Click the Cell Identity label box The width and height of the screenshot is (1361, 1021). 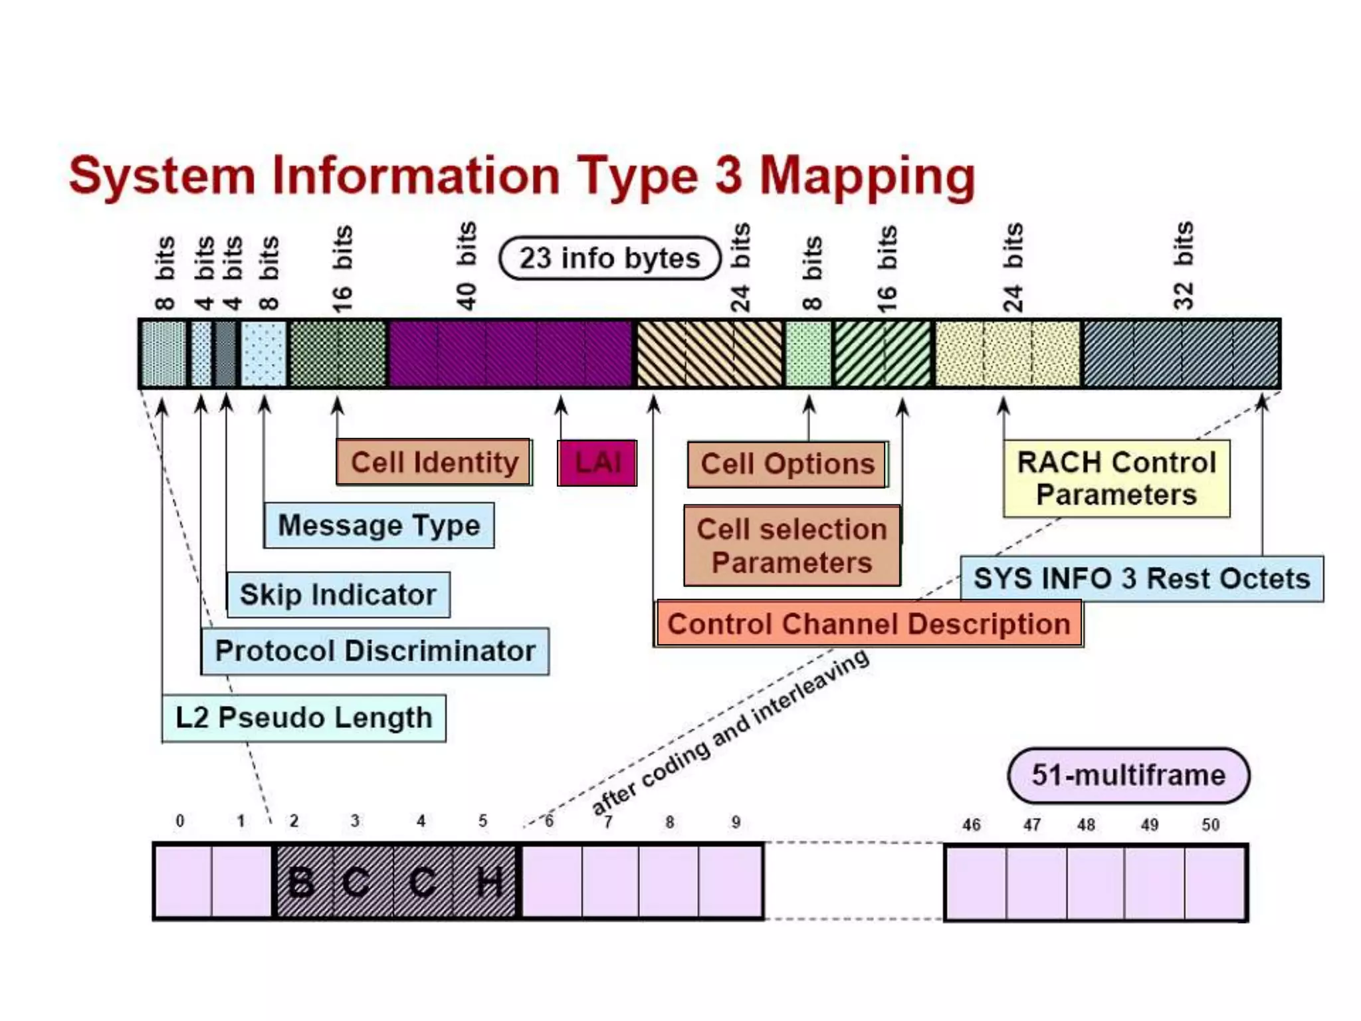433,462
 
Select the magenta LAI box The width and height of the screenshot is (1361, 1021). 597,463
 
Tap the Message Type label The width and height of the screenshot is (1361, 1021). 379,526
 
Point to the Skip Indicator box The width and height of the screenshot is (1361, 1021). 338,595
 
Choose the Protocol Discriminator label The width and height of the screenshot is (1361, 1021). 375,651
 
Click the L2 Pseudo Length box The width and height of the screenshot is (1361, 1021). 304,718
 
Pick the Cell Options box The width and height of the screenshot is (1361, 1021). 787,465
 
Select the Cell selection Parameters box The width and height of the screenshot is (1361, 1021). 791,546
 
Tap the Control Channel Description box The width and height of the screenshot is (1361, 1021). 868,624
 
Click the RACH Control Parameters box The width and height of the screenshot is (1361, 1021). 1116,479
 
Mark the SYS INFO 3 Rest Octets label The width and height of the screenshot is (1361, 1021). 1142,579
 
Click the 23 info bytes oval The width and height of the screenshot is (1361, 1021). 609,258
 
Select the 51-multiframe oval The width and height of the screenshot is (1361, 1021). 1128,776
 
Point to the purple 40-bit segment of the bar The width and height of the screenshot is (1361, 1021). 510,354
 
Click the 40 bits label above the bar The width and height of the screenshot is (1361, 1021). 467,266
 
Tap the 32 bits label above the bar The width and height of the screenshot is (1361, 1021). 1184,266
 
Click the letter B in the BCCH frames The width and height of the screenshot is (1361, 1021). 302,883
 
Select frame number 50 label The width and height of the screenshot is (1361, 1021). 1210,825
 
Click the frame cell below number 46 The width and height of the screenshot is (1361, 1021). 976,883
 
